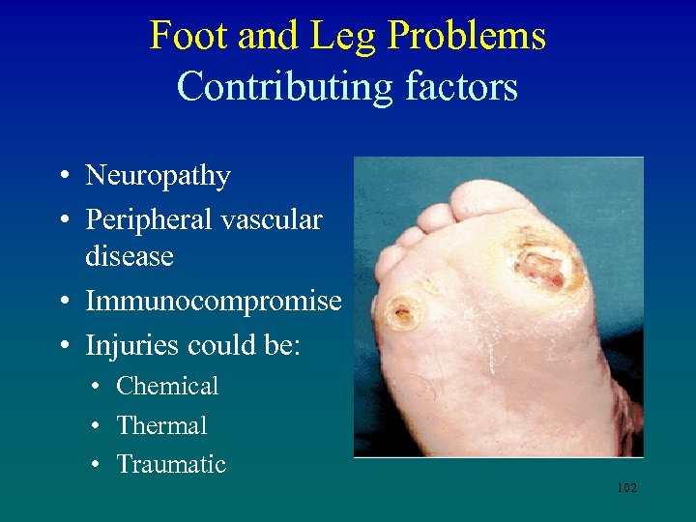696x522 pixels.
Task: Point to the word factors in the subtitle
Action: point(463,87)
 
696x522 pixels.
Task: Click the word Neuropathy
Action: point(158,176)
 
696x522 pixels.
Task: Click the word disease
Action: point(129,256)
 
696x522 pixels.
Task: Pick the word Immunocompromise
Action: point(213,301)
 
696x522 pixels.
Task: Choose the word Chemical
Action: point(167,386)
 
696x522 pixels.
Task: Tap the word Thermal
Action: point(161,425)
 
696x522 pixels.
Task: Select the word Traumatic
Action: point(171,464)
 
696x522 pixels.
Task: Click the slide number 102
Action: point(626,488)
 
